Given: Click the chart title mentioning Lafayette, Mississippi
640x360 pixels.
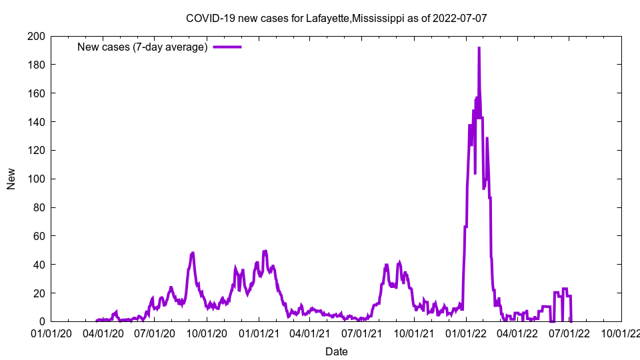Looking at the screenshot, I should tap(336, 18).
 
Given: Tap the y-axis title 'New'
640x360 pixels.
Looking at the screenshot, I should tap(11, 179).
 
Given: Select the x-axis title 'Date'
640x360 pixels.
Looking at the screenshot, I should tap(336, 351).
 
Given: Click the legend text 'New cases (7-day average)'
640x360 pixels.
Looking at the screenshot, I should tap(143, 47).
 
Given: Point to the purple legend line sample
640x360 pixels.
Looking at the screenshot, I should tap(227, 47).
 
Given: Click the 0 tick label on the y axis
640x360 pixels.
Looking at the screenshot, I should tap(41, 321).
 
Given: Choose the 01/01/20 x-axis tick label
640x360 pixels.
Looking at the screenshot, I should tap(51, 333).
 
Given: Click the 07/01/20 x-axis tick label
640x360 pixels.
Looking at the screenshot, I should tap(154, 333).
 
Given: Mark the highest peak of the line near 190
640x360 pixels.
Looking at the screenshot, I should tap(479, 48).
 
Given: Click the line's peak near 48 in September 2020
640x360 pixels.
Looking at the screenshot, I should tap(192, 253).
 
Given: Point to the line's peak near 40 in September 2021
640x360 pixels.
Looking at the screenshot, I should tap(399, 263).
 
